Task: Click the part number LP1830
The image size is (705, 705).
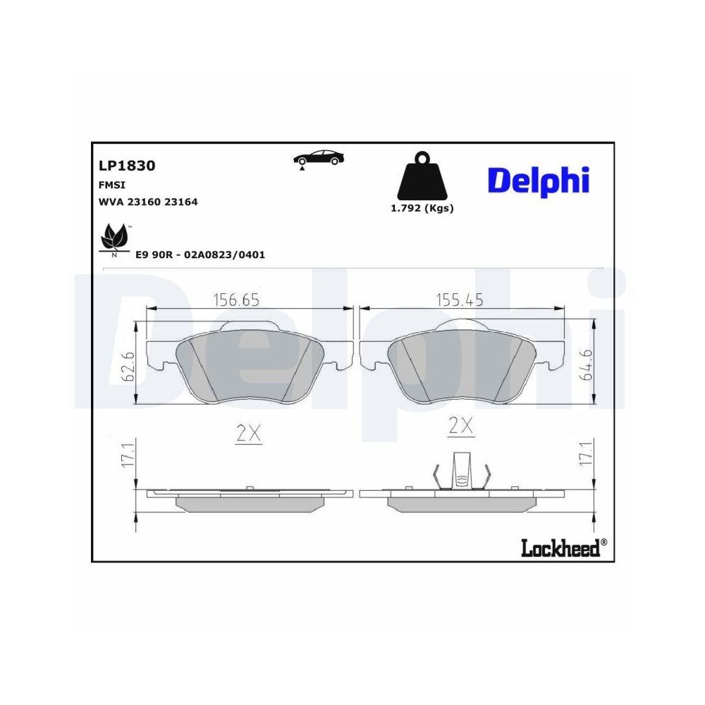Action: pyautogui.click(x=127, y=166)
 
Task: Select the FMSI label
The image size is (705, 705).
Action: pyautogui.click(x=111, y=185)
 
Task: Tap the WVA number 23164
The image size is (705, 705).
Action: pyautogui.click(x=181, y=202)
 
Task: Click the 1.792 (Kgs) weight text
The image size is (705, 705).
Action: pyautogui.click(x=422, y=208)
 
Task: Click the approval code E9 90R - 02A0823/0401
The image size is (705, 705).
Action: pyautogui.click(x=200, y=255)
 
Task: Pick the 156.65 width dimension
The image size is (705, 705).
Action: pyautogui.click(x=237, y=300)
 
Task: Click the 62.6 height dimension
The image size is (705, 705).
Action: pyautogui.click(x=128, y=366)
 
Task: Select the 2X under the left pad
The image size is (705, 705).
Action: pyautogui.click(x=248, y=434)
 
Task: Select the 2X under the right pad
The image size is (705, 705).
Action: pyautogui.click(x=461, y=426)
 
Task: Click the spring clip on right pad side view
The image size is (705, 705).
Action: pyautogui.click(x=462, y=472)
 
